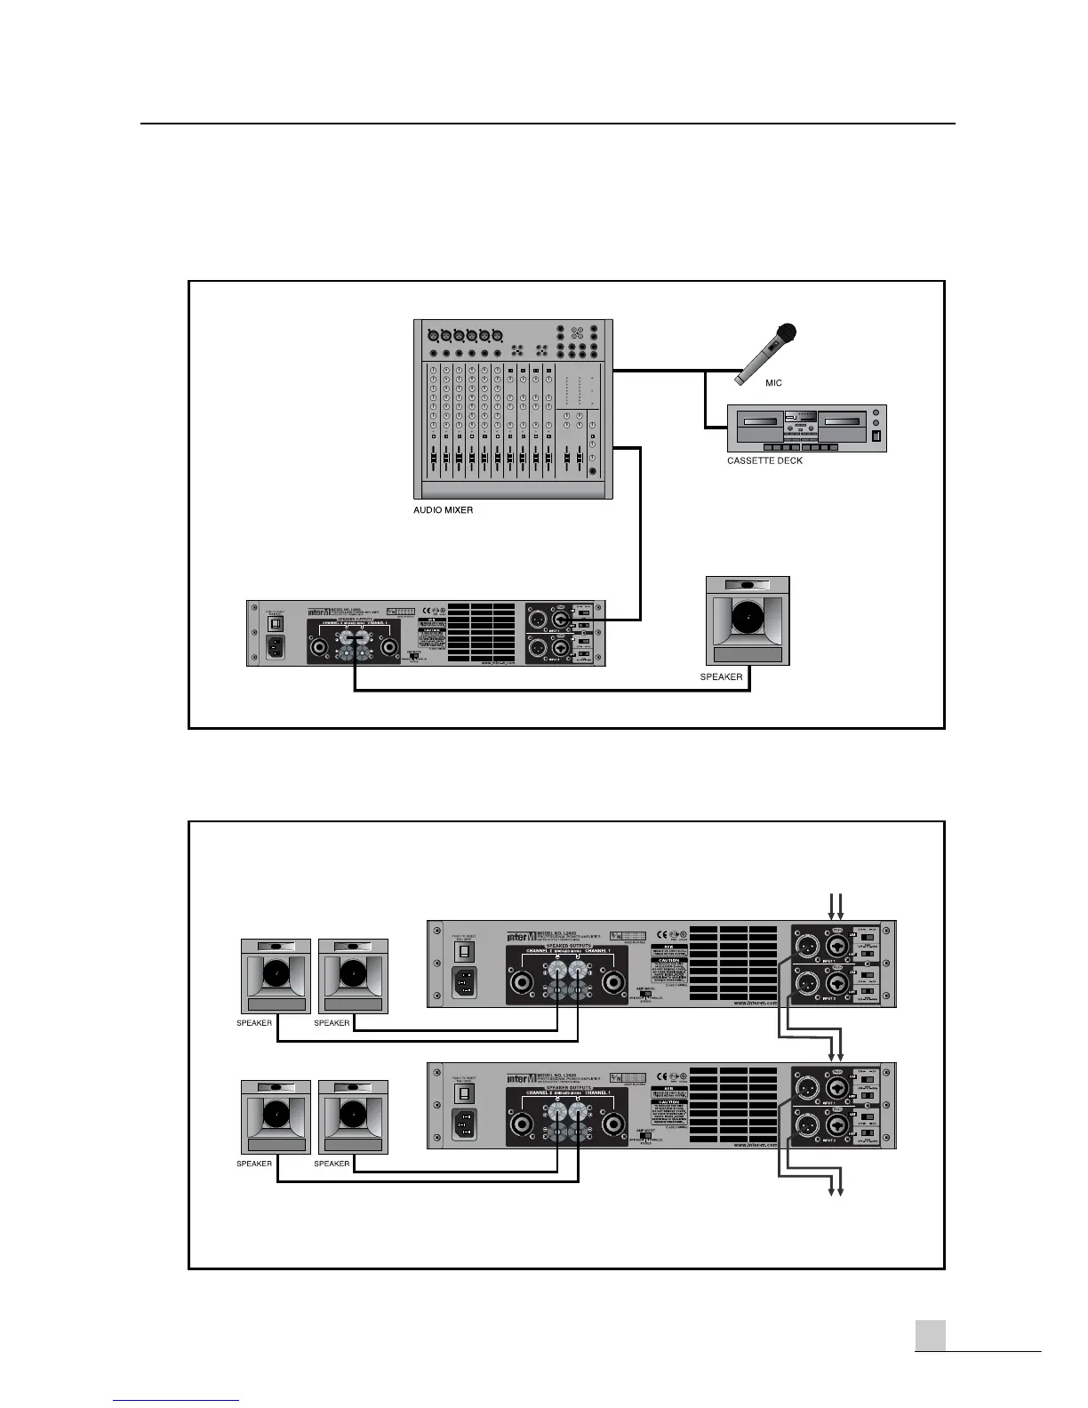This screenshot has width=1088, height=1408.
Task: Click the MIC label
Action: (x=773, y=383)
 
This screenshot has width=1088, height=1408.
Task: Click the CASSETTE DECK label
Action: (x=764, y=460)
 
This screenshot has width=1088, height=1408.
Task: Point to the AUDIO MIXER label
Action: (x=444, y=510)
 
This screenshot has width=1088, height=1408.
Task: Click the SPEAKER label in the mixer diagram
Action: (x=721, y=676)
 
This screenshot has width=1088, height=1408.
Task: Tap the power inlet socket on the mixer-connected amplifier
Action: (x=277, y=647)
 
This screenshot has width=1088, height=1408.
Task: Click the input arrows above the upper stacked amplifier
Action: (x=836, y=906)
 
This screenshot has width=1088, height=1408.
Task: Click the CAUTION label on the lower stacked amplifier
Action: (x=668, y=1102)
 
